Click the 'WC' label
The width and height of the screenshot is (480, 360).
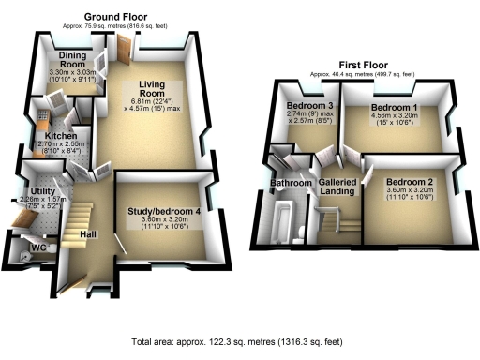[38, 248]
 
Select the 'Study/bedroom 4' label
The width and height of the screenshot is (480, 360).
[164, 211]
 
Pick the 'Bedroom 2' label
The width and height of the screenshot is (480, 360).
[408, 180]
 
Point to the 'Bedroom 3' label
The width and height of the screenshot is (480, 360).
[309, 106]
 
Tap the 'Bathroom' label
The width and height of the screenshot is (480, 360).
[291, 182]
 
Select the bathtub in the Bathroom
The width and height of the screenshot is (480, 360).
[279, 220]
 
